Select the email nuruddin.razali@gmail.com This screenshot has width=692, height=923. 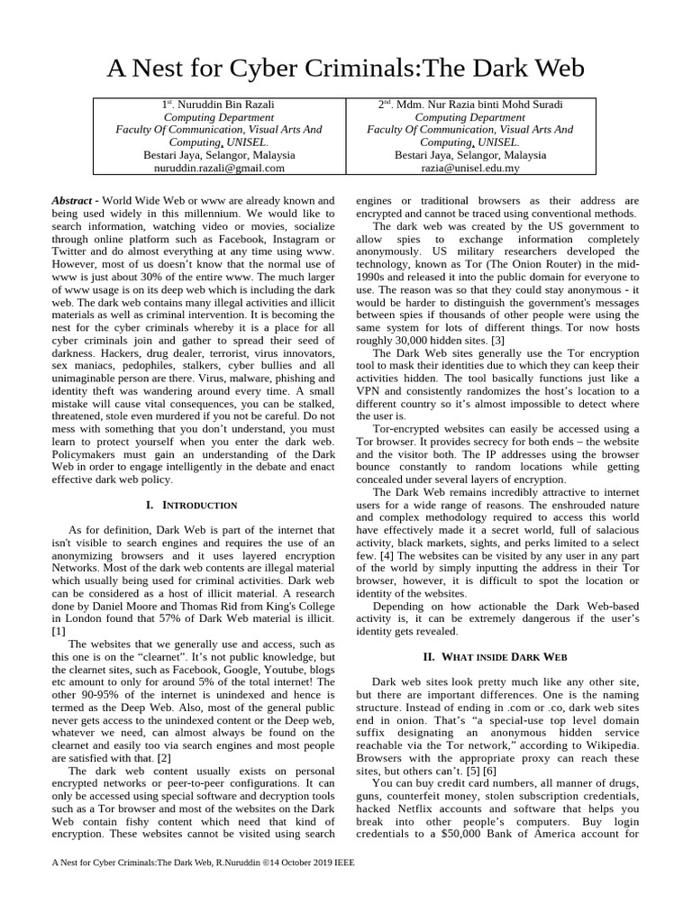(x=219, y=168)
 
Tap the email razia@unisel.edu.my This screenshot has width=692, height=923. (x=469, y=168)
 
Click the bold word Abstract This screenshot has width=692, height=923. (x=71, y=200)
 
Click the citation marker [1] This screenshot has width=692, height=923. (x=59, y=632)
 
